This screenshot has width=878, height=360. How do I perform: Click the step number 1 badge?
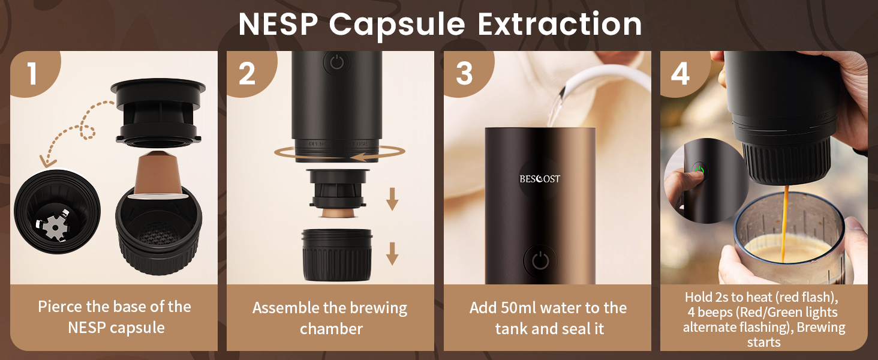[x=32, y=74]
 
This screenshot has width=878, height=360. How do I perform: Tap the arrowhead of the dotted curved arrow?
[x=46, y=160]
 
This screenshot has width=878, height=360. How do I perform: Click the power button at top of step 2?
[x=336, y=62]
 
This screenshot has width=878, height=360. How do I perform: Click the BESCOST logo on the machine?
[x=540, y=179]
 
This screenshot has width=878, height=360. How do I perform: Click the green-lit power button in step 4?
[x=699, y=169]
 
